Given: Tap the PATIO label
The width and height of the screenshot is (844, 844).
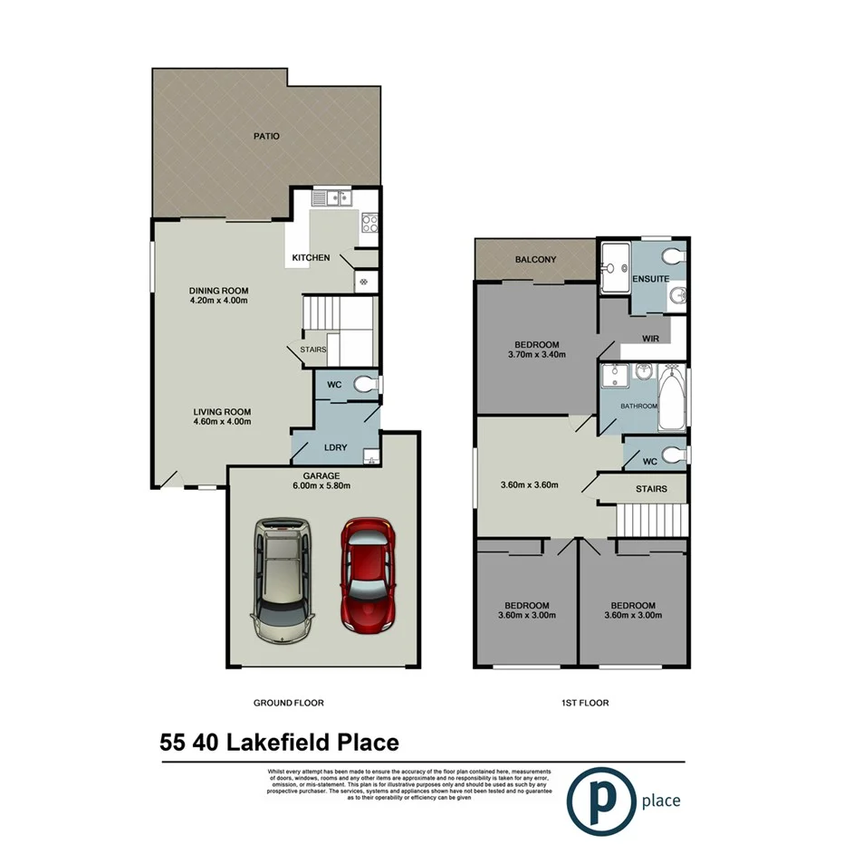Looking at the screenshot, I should [266, 137].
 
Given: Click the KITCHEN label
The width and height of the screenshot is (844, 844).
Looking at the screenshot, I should [311, 259].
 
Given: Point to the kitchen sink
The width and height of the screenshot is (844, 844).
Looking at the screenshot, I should [331, 197].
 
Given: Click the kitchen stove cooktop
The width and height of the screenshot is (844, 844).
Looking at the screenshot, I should [369, 219].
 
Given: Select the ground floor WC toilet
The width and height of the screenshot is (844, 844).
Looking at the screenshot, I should [364, 384].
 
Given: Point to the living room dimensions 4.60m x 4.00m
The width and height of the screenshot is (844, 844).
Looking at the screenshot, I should [222, 421].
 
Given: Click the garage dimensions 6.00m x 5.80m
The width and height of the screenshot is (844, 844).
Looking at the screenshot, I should [321, 485].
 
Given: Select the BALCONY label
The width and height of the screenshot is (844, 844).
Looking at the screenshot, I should [535, 260].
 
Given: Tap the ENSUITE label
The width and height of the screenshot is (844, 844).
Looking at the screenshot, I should [650, 278].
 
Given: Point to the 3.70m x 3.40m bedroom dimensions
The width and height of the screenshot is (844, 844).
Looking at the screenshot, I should [537, 355].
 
